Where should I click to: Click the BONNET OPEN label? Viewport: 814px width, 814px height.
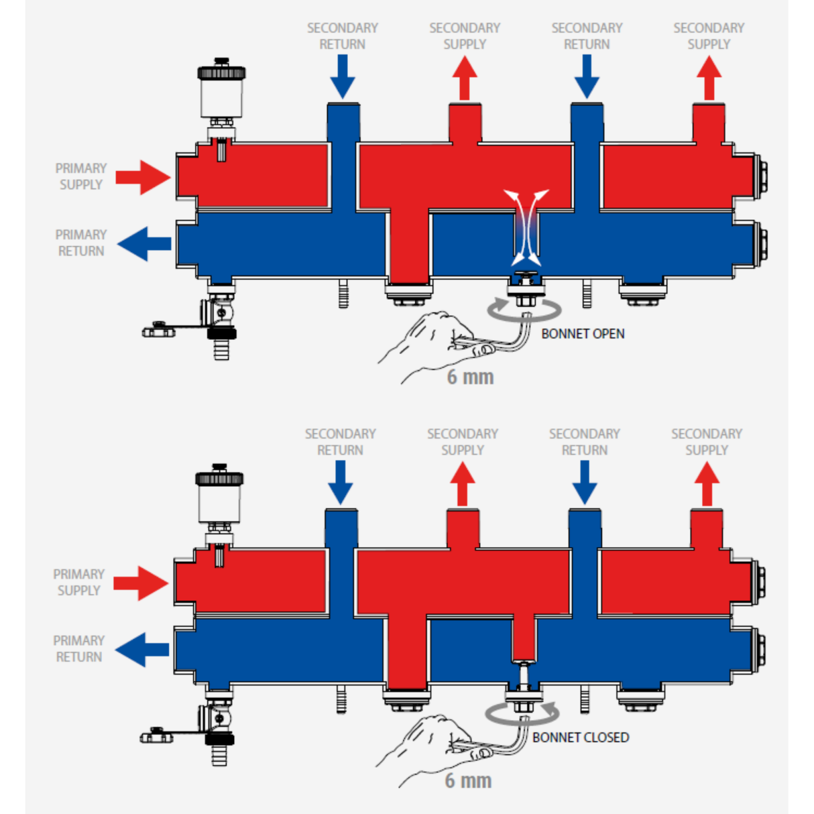(x=583, y=334)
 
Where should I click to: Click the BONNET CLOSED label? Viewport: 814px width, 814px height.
(x=580, y=737)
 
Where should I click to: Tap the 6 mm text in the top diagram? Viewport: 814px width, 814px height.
(x=470, y=377)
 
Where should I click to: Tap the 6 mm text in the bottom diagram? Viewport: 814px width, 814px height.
(x=468, y=780)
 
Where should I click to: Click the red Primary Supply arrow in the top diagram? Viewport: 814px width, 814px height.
(x=143, y=178)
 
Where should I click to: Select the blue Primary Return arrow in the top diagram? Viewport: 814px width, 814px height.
(x=144, y=244)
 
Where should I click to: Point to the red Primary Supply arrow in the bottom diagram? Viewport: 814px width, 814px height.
(x=141, y=583)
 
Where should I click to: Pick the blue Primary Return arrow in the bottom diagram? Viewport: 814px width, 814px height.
(x=142, y=650)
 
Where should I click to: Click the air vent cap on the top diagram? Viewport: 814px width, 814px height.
(x=221, y=72)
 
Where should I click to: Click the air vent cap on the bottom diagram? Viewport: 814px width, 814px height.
(x=219, y=478)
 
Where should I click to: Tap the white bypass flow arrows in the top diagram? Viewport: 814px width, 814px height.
(x=526, y=227)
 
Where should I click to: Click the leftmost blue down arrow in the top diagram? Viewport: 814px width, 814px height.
(x=342, y=76)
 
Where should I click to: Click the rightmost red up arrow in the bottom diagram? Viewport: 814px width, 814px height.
(x=707, y=483)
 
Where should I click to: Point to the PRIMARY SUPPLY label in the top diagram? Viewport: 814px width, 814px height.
(x=81, y=177)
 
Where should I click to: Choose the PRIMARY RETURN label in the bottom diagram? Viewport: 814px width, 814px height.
(x=79, y=649)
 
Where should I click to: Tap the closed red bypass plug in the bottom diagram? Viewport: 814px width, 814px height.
(x=524, y=638)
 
